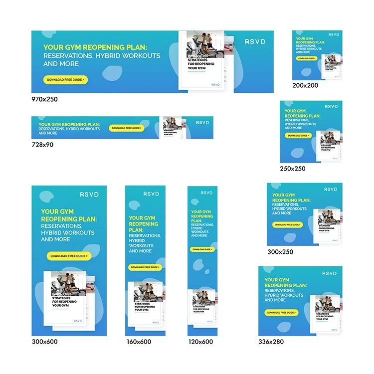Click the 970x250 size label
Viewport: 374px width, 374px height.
click(44, 99)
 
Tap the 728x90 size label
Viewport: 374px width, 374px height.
click(42, 145)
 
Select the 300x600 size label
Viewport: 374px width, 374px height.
click(44, 342)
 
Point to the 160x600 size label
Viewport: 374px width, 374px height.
click(139, 342)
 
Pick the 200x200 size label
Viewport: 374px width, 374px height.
click(305, 85)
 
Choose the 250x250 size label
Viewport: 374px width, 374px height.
click(293, 169)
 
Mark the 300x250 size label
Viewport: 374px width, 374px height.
click(280, 252)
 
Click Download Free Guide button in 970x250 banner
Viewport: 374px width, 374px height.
click(66, 80)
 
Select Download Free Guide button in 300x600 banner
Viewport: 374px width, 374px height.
click(69, 256)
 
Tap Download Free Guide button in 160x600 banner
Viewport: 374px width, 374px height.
click(145, 267)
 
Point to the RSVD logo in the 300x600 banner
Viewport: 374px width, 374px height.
click(89, 194)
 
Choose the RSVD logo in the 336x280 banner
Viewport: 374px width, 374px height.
click(330, 273)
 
